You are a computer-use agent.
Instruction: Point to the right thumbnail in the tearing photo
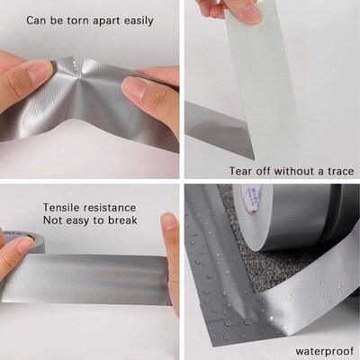pyautogui.click(x=133, y=87)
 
